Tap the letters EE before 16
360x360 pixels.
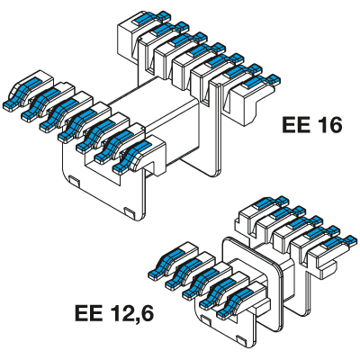coord(294,125)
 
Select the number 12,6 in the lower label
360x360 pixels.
coord(130,314)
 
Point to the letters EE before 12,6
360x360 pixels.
coord(89,313)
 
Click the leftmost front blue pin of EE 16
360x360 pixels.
coord(19,92)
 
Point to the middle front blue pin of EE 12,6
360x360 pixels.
coord(201,282)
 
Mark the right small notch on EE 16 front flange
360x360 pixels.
coord(130,212)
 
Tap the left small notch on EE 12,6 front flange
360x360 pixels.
coord(206,319)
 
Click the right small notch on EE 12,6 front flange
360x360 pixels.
coord(241,339)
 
